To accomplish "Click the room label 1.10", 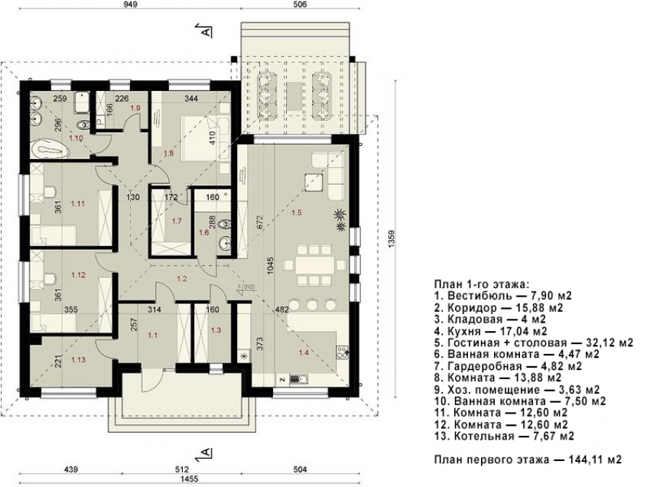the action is click(x=76, y=138).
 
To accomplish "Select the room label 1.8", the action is click(x=168, y=153).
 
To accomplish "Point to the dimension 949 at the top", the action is click(x=130, y=5).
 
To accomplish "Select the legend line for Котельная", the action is click(x=505, y=436).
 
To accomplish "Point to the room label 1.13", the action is click(x=78, y=360).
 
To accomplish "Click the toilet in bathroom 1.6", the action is click(x=225, y=224).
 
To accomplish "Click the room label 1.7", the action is click(x=177, y=221).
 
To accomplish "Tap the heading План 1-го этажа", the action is click(x=482, y=284).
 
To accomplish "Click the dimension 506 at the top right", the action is click(x=300, y=5).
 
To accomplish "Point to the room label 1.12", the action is click(x=78, y=274).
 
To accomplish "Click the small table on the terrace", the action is click(x=294, y=96).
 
